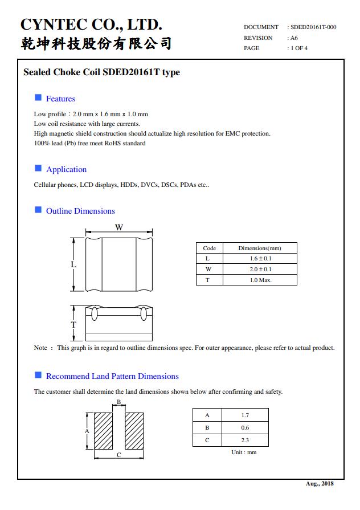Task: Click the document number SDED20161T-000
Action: (313, 27)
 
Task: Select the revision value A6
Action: (294, 38)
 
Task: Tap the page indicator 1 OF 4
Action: (299, 48)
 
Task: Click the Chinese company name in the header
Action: (96, 44)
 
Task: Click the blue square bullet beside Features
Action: (38, 98)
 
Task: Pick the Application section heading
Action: (66, 169)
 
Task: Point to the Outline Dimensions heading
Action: (80, 211)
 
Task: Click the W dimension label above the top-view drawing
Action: (119, 227)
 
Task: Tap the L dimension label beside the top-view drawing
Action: (73, 264)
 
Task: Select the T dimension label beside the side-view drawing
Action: (73, 324)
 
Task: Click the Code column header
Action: (209, 248)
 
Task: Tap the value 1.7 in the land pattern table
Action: (245, 415)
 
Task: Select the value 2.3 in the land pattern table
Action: (245, 440)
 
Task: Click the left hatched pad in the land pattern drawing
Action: (103, 431)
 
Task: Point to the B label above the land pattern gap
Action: (118, 402)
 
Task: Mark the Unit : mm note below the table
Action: (244, 452)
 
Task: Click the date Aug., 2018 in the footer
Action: (320, 484)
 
